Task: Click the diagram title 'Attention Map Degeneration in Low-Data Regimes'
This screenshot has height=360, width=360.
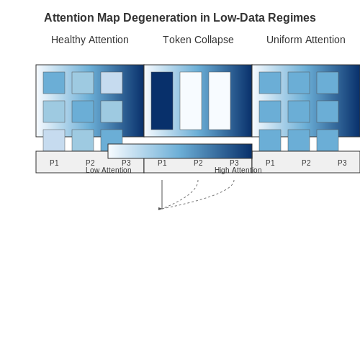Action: click(x=180, y=18)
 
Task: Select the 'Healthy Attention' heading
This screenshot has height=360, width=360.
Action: click(x=90, y=40)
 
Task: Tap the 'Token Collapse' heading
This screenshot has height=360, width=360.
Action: click(x=198, y=40)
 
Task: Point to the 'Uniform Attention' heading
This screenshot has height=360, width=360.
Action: click(x=306, y=40)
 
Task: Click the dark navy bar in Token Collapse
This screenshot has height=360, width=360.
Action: click(x=162, y=101)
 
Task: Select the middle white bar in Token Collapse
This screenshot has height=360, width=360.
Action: click(x=191, y=101)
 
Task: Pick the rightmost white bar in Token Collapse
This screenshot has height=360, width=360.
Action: click(x=220, y=101)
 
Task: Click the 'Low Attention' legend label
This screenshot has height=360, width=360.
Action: click(x=109, y=170)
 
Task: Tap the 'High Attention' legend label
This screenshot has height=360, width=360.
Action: click(x=238, y=170)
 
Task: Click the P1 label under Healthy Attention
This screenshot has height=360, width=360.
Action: click(x=54, y=163)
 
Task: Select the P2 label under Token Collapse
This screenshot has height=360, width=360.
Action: click(x=198, y=163)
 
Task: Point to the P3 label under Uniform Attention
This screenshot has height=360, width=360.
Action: click(x=342, y=163)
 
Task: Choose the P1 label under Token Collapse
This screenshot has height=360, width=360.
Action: click(x=162, y=163)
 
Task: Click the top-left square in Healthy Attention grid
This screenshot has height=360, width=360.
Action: click(x=54, y=83)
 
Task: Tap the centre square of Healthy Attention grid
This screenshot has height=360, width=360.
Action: click(x=83, y=112)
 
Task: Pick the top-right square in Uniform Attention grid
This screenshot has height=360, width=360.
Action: click(x=328, y=83)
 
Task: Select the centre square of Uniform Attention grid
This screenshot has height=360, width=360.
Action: click(x=299, y=112)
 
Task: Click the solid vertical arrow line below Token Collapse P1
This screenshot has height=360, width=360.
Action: click(x=162, y=194)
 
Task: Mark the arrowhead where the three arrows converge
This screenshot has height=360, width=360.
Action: click(x=160, y=209)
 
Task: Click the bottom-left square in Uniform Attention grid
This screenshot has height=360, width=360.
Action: click(x=270, y=140)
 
